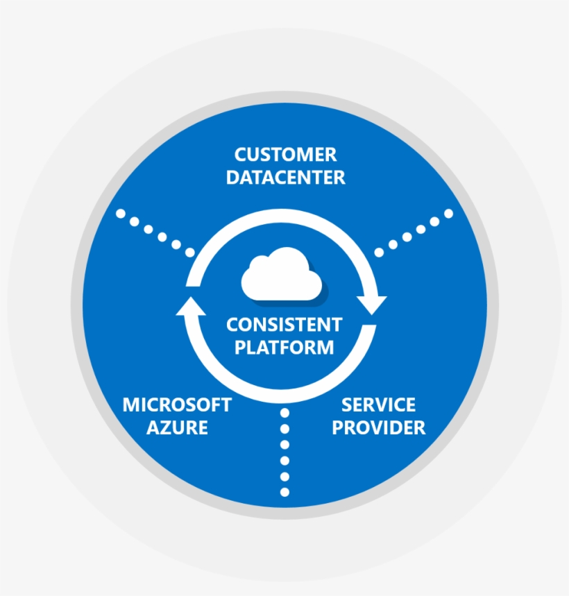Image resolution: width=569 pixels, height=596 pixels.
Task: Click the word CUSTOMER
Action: pos(285,154)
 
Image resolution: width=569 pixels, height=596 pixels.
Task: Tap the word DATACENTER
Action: pos(285,177)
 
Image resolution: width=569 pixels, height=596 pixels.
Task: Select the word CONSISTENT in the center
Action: pos(284,324)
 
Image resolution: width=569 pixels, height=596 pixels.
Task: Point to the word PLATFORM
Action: pos(284,346)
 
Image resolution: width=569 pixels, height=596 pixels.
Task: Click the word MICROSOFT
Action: pos(177,405)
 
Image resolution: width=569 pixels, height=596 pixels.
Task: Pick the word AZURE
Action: pos(177,427)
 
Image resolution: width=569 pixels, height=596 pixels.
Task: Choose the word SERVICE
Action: pos(378,405)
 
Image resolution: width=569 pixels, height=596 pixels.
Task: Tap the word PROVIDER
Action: pos(378,427)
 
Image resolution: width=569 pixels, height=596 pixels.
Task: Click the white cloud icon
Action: pos(281,276)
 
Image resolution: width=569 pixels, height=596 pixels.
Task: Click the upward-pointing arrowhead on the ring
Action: pos(188,306)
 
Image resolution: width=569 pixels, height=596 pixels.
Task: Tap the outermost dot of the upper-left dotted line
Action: pos(121,214)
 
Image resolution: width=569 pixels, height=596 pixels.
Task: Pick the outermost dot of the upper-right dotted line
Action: pos(448,214)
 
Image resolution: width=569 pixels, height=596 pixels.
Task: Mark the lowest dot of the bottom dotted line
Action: pos(284,492)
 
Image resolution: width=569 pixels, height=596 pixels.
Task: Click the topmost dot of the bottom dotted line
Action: pos(284,413)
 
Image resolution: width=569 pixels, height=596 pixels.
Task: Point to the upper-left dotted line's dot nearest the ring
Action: pos(189,252)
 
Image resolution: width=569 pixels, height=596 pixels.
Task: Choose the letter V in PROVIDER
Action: pos(375,427)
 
